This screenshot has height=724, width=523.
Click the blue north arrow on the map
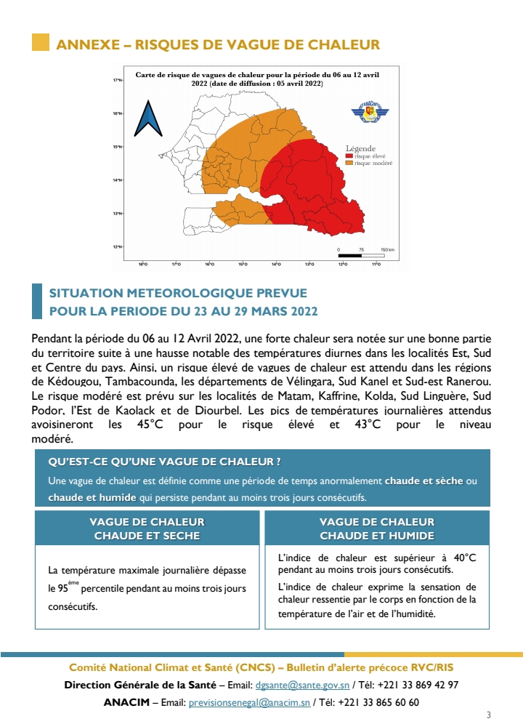(x=148, y=118)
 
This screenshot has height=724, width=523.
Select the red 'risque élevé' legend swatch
(x=349, y=156)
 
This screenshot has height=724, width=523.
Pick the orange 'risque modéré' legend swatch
(x=349, y=164)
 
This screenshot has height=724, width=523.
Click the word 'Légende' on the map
(x=361, y=148)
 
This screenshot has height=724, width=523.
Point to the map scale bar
(x=361, y=255)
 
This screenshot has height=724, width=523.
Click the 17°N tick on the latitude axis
(x=118, y=80)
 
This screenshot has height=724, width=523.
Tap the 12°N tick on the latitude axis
(x=118, y=247)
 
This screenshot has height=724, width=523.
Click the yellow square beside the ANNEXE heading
(x=41, y=44)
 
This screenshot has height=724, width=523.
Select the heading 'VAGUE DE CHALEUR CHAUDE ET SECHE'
(x=147, y=528)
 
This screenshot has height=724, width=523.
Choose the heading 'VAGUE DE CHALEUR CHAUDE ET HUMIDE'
(x=377, y=528)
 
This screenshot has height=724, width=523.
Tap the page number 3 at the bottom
(x=488, y=714)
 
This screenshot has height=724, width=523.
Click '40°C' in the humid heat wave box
(x=461, y=558)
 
